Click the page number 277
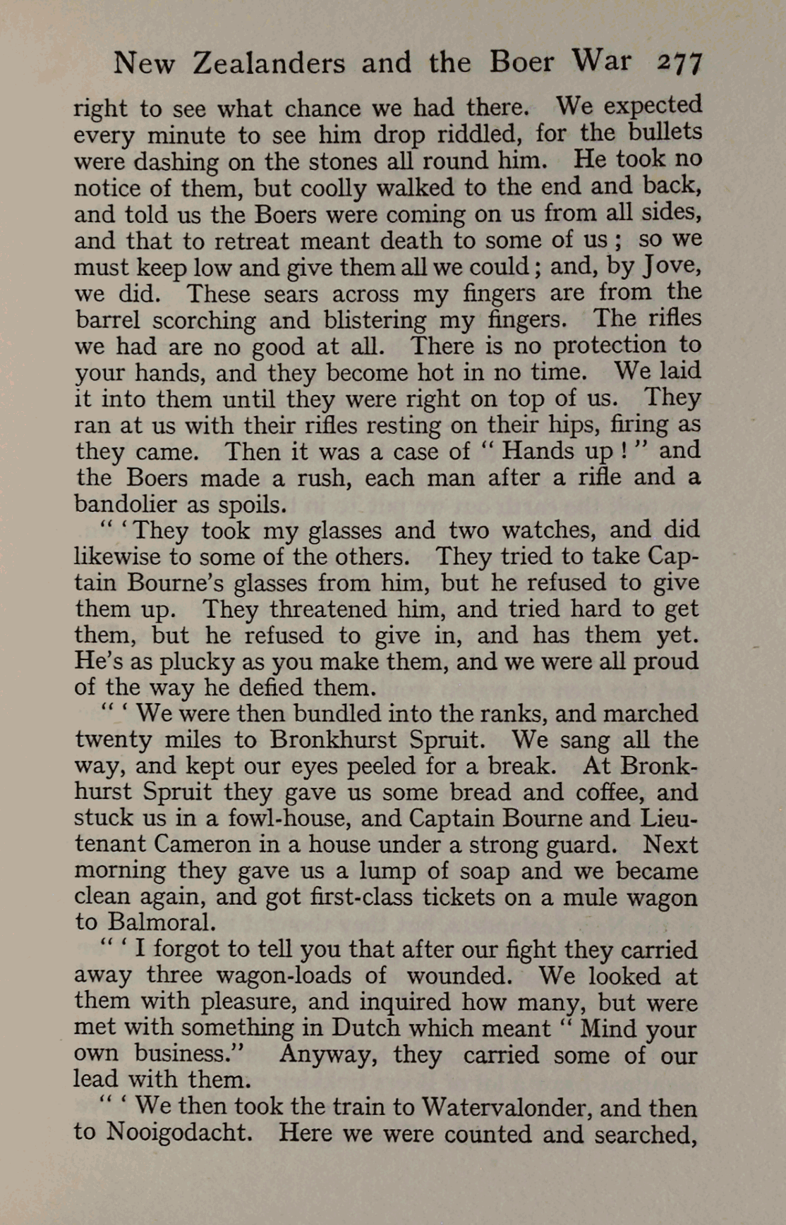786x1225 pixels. coord(680,63)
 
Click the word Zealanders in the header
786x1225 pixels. coord(269,63)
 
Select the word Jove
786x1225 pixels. coord(667,267)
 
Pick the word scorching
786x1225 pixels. coord(204,321)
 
